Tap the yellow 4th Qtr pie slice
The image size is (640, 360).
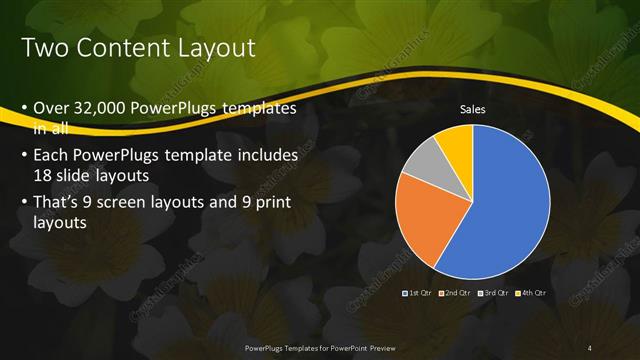(455, 140)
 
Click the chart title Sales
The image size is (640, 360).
(473, 109)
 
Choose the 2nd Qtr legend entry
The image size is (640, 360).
(454, 293)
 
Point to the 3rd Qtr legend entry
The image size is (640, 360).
(493, 293)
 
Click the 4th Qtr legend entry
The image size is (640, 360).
(531, 293)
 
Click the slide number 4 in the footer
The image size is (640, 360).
(590, 347)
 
